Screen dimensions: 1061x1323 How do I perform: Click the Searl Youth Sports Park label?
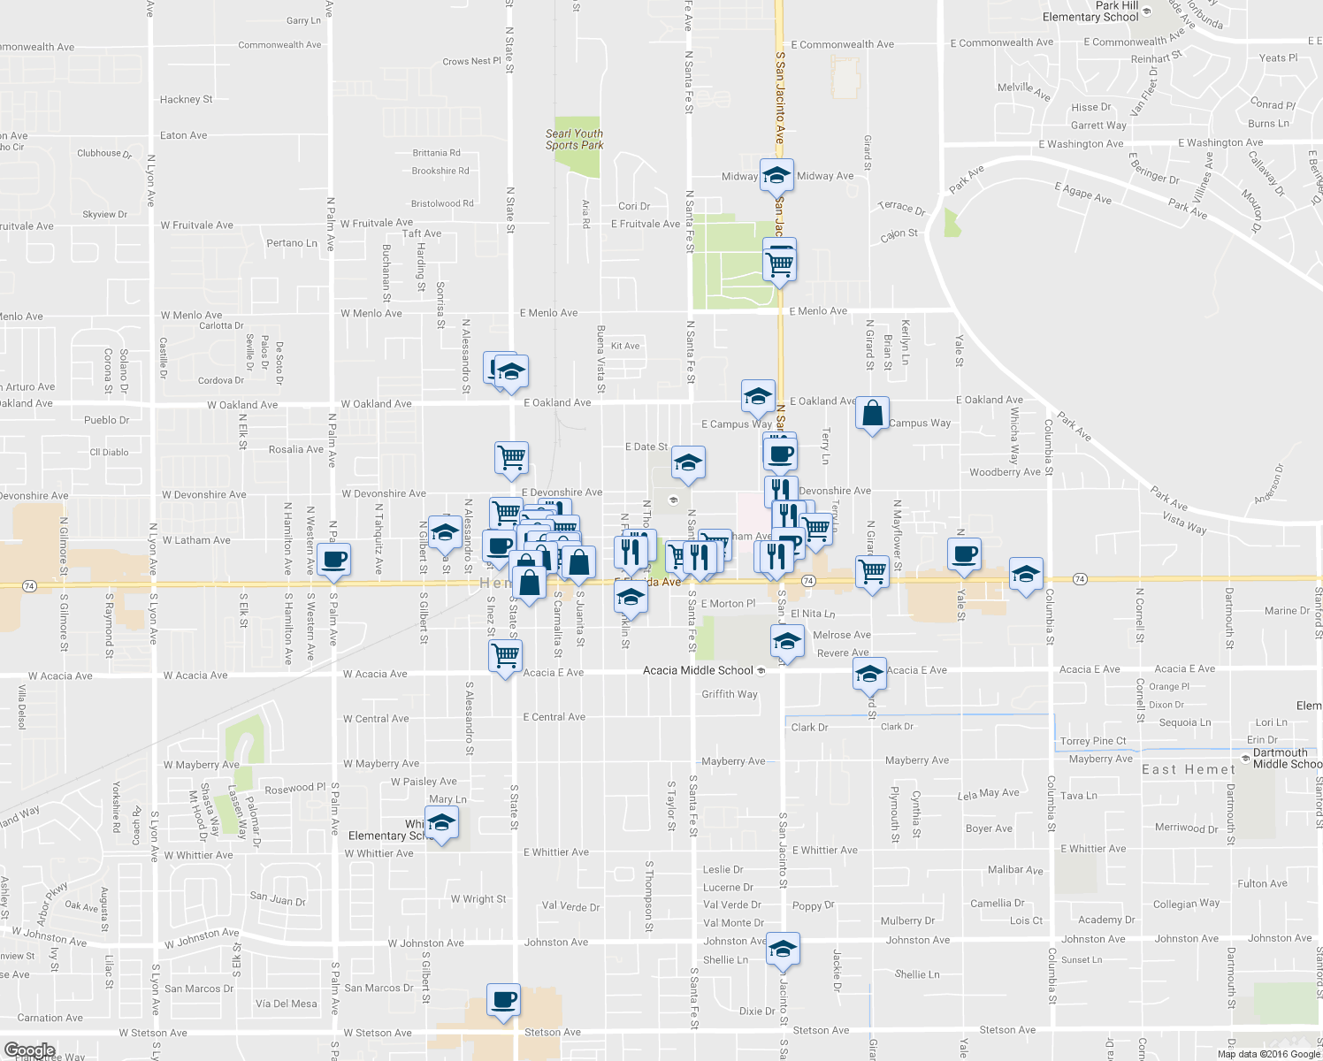(574, 140)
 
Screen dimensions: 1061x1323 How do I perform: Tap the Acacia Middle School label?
(698, 670)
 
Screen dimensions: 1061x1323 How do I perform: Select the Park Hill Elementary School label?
(1090, 11)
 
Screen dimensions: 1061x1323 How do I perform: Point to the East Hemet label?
(1188, 770)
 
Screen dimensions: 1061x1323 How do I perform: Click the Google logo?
(29, 1050)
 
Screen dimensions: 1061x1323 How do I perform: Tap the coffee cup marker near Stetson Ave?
(503, 1000)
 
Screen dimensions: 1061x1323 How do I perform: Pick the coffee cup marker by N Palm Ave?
(333, 560)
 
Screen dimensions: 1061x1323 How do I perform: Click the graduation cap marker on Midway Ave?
(776, 175)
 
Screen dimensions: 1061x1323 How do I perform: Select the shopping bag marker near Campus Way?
(872, 413)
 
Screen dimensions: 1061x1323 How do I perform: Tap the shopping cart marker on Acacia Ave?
(505, 656)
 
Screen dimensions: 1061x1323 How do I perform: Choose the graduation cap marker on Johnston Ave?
(783, 950)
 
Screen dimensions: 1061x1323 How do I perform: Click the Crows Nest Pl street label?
(471, 62)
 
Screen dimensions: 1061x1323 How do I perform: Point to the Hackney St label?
(186, 100)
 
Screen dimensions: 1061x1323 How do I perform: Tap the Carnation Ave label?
(50, 1018)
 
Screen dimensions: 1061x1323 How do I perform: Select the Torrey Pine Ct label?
(1093, 741)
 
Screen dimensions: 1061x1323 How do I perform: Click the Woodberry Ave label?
(1005, 472)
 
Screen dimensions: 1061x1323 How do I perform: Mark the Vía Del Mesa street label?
(286, 1004)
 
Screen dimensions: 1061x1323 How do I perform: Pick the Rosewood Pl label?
(295, 788)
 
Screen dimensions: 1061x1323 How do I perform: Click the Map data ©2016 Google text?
(1268, 1053)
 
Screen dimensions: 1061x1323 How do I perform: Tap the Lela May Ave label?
(989, 794)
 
